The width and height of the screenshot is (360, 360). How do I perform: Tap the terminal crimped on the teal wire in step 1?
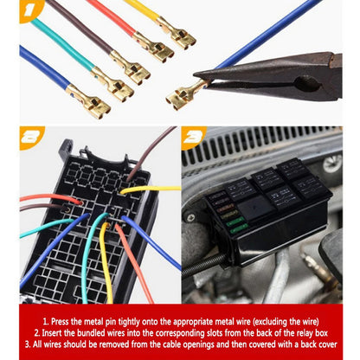[x=112, y=83]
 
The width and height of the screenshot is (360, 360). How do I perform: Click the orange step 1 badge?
[x=30, y=10]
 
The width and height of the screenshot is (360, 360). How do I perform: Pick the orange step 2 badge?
[x=30, y=138]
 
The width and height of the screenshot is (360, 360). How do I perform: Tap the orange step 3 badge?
[x=193, y=138]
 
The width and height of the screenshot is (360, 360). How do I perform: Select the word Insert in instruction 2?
[x=52, y=333]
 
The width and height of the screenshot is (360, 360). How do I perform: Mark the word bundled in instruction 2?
[x=91, y=333]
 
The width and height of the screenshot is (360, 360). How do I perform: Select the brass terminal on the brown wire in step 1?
[x=131, y=67]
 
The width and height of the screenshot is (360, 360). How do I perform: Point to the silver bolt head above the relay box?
[x=331, y=164]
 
